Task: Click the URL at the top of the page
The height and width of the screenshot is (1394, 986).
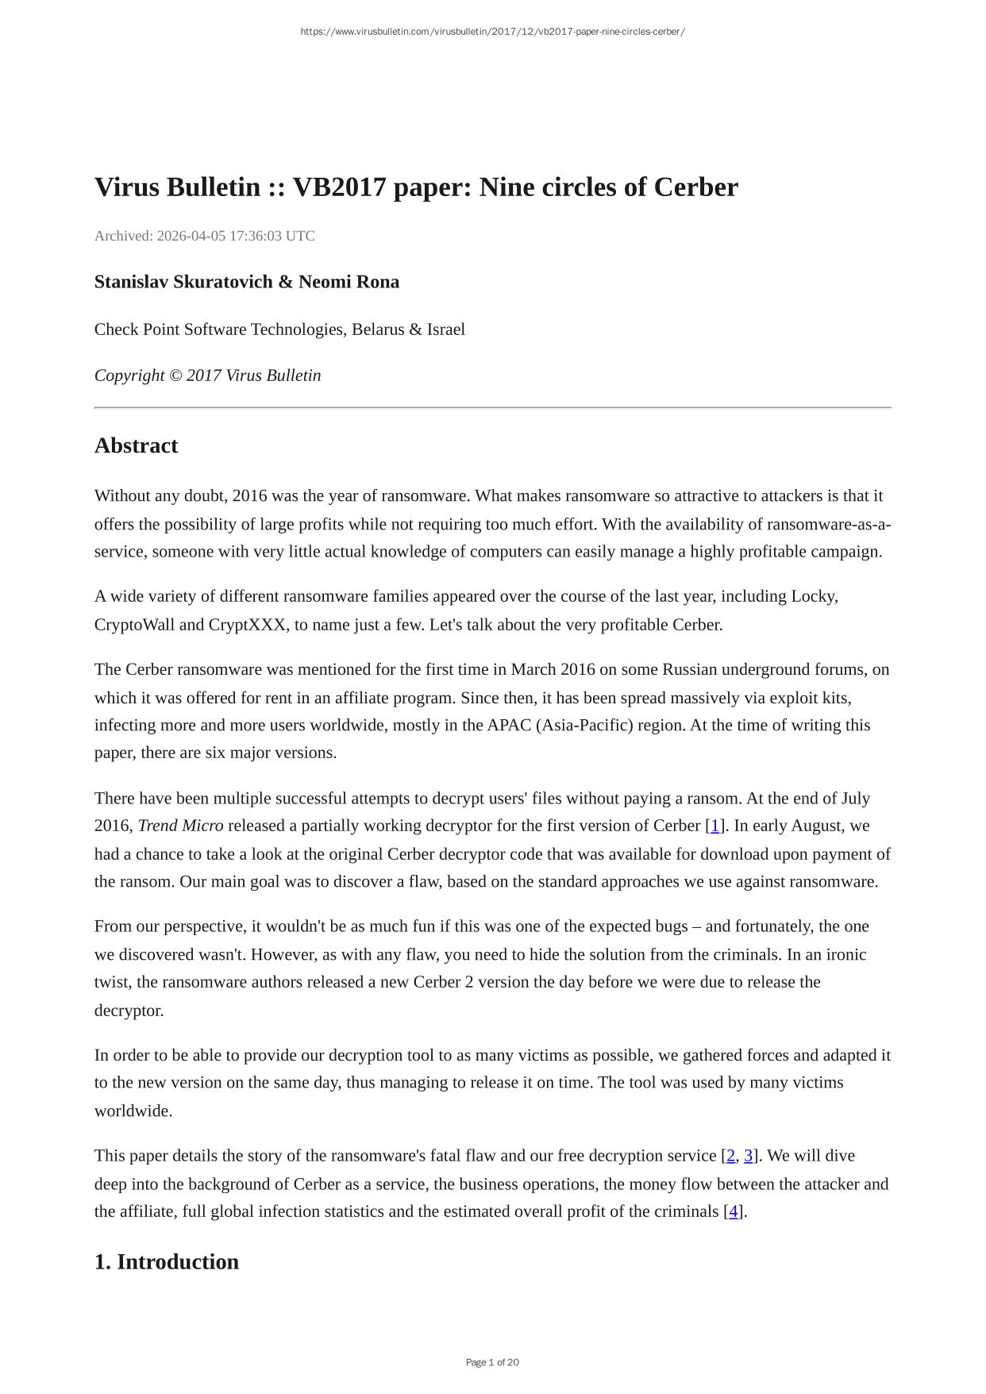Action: click(492, 32)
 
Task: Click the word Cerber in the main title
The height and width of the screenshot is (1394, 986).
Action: click(695, 187)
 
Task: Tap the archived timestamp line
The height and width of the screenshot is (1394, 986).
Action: click(204, 236)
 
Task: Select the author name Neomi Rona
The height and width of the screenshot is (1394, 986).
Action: click(349, 282)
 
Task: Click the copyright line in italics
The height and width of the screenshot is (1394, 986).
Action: click(207, 375)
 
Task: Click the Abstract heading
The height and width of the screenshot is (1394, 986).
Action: click(136, 445)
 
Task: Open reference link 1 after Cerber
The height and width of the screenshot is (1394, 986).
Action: click(714, 826)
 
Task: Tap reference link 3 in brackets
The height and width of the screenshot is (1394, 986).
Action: click(748, 1156)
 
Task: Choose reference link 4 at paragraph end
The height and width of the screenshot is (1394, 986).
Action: click(733, 1211)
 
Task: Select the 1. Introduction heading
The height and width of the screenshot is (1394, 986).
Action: click(166, 1262)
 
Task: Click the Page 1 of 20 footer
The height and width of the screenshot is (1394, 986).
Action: click(492, 1362)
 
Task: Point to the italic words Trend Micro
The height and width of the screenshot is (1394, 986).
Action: click(180, 826)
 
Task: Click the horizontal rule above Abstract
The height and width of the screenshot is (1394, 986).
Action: click(492, 407)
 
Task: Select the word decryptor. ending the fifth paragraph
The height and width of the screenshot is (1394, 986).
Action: click(129, 1011)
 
